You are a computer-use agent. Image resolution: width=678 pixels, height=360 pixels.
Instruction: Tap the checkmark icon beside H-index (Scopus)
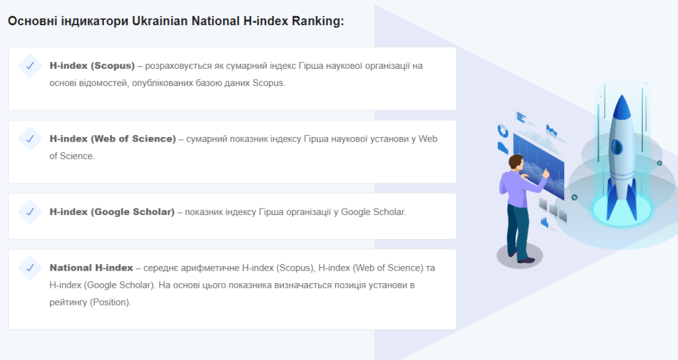[30, 66]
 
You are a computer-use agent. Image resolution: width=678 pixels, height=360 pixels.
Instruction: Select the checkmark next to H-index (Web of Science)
[30, 139]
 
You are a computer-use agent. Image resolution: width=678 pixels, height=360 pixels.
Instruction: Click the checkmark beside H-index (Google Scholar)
[30, 212]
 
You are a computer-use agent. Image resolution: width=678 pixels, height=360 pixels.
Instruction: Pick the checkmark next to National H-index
[30, 267]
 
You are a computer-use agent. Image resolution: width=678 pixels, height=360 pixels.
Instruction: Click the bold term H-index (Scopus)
[92, 66]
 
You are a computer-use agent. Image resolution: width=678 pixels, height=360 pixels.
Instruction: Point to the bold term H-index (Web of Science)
[113, 139]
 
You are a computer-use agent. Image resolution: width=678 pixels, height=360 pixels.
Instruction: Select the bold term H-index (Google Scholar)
[112, 212]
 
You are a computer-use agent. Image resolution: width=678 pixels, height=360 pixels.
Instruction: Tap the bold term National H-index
[91, 267]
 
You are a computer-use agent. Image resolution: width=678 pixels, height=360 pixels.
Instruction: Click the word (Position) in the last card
[111, 302]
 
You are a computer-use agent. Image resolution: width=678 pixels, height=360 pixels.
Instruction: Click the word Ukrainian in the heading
[160, 21]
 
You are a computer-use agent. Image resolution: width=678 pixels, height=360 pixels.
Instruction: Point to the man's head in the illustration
[516, 163]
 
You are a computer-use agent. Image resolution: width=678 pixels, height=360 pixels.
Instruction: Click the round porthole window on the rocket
[616, 148]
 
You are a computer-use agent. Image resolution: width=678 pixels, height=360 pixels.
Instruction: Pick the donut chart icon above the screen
[503, 130]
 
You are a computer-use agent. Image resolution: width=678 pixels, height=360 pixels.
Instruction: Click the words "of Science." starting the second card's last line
[72, 156]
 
